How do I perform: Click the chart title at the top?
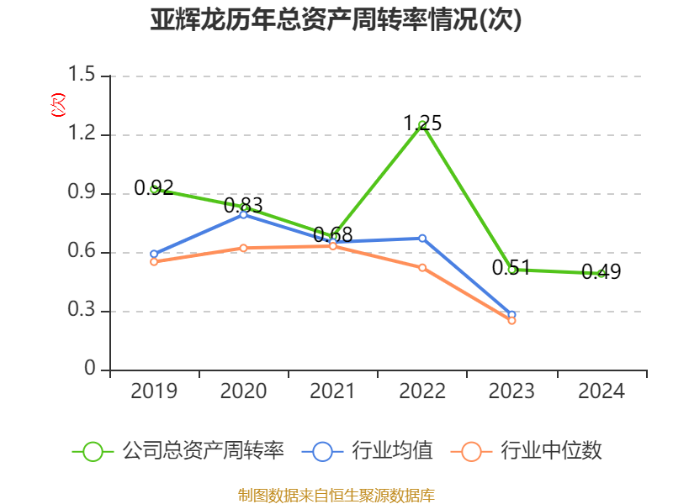coord(336,20)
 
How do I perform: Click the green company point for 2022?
coord(422,125)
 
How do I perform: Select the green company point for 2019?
coord(154,189)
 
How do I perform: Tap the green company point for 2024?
coord(601,274)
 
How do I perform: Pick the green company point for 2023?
coord(511,270)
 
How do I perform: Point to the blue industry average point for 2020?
coord(243,214)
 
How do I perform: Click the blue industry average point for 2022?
coord(422,238)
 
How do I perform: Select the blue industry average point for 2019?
coord(154,254)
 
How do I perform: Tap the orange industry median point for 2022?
coord(422,267)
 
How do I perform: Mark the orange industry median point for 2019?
coord(154,262)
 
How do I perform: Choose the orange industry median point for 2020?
coord(243,248)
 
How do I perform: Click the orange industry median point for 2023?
coord(511,321)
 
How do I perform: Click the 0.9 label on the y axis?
coord(82,193)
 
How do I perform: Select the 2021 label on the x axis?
coord(332,391)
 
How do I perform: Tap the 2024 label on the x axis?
coord(601,391)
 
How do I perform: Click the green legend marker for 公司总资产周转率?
coord(93,451)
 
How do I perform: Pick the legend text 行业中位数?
coord(551,451)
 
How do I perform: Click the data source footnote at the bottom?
coord(336,495)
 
